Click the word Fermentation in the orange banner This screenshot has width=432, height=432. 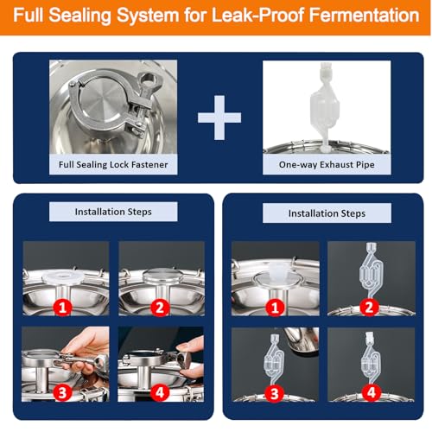pyautogui.click(x=365, y=15)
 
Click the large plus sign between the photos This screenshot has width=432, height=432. pyautogui.click(x=219, y=118)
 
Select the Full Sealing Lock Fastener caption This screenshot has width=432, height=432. pyautogui.click(x=113, y=164)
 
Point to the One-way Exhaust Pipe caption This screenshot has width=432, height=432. pyautogui.click(x=327, y=164)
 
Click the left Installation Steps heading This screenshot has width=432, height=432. pyautogui.click(x=113, y=212)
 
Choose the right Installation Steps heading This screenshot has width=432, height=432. pyautogui.click(x=327, y=213)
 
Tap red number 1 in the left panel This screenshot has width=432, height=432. pyautogui.click(x=62, y=308)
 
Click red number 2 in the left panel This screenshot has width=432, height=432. pyautogui.click(x=160, y=308)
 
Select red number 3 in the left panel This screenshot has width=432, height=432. pyautogui.click(x=62, y=392)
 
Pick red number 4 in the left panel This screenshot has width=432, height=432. pyautogui.click(x=160, y=392)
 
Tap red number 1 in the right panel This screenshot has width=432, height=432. pyautogui.click(x=275, y=308)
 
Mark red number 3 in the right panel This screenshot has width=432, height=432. pyautogui.click(x=275, y=393)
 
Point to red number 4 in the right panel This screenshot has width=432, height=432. pyautogui.click(x=372, y=392)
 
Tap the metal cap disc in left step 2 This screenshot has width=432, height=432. pyautogui.click(x=163, y=276)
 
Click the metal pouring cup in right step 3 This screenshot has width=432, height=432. pyautogui.click(x=301, y=340)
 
